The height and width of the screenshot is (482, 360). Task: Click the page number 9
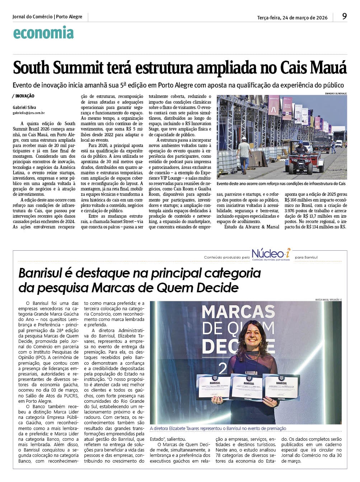point(344,16)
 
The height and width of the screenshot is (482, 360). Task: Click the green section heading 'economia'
point(43,33)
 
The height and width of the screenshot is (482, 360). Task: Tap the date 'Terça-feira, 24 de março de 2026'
point(292,18)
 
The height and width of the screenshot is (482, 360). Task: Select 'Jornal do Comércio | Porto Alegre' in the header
point(47,17)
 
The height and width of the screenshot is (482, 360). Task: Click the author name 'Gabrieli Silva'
point(24,107)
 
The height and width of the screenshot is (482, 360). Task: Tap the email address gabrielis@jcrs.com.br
point(29,113)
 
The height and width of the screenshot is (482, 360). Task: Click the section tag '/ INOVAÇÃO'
point(23,96)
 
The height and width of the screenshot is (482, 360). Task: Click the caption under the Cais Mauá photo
point(281,184)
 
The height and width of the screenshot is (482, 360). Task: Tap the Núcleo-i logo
point(271,254)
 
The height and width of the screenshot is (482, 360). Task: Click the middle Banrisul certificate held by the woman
point(246,387)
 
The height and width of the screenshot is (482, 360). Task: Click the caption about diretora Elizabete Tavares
point(218,428)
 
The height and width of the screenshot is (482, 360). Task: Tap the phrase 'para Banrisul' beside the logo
point(306,257)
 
